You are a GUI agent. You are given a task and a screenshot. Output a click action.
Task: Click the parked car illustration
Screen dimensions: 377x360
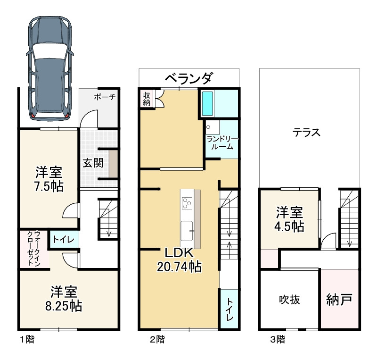(50, 68)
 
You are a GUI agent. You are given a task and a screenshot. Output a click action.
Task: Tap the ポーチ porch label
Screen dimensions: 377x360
(105, 97)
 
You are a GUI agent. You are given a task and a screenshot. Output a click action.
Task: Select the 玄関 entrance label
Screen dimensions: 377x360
(93, 163)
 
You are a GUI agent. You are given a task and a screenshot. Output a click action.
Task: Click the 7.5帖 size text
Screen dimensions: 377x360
(49, 186)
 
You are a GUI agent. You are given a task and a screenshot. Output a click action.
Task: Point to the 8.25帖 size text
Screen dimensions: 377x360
(64, 306)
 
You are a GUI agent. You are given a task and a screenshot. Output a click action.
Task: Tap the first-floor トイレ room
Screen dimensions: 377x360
(64, 239)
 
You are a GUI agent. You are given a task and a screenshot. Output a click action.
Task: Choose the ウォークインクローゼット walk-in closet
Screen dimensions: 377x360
(34, 249)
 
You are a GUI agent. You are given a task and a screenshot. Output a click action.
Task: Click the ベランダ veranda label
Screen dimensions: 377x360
(189, 78)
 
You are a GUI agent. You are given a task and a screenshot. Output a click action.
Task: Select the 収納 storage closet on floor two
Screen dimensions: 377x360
(147, 99)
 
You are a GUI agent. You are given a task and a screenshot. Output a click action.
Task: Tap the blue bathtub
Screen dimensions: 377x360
(207, 103)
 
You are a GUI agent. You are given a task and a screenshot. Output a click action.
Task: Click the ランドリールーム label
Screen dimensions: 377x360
(222, 143)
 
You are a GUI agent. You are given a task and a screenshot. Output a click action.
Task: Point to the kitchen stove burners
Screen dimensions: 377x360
(187, 203)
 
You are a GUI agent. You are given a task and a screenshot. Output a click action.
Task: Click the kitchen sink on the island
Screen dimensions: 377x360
(187, 231)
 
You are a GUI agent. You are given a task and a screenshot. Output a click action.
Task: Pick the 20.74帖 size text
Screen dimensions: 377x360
(179, 267)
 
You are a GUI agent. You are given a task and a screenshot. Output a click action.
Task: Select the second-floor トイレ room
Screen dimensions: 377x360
(229, 309)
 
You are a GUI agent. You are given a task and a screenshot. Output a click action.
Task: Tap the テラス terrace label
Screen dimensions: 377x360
(306, 133)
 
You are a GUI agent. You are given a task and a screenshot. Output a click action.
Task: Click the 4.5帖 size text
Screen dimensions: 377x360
(289, 227)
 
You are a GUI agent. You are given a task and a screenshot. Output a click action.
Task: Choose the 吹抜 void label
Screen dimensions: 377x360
(289, 300)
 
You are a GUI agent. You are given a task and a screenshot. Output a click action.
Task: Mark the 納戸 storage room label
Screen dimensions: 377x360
(339, 300)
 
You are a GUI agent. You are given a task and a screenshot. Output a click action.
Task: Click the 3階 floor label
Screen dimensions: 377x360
(278, 340)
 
